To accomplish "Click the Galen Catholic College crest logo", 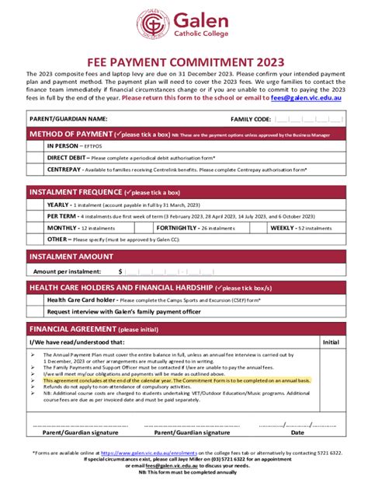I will [153, 24].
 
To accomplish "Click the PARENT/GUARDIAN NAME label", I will [68, 119].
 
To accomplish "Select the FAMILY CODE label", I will [250, 119].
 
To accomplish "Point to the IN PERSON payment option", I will [64, 145].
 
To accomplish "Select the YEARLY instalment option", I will [58, 205].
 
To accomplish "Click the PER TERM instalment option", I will [61, 216].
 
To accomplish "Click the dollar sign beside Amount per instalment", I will [120, 271].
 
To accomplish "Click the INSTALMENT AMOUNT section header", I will [71, 256].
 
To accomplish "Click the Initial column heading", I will [331, 341].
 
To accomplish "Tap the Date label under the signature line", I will [297, 432].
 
